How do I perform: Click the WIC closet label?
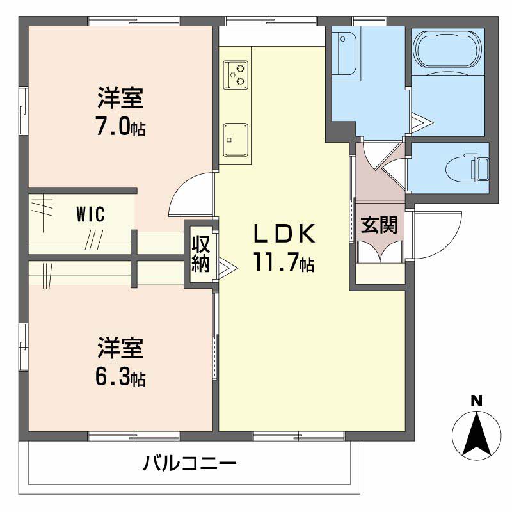90,214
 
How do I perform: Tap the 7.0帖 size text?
120,126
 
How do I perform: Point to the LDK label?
284,233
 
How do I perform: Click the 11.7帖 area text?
284,262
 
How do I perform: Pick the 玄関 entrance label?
379,225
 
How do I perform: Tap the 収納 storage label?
200,253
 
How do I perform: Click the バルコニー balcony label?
189,463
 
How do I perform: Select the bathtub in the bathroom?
447,50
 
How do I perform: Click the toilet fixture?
467,168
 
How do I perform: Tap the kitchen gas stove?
236,74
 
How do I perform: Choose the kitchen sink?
236,140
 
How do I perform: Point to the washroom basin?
346,53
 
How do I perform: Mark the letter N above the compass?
477,401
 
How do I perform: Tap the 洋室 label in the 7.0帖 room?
120,99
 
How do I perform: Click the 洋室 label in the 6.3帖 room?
120,348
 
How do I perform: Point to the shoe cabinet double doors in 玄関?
380,252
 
